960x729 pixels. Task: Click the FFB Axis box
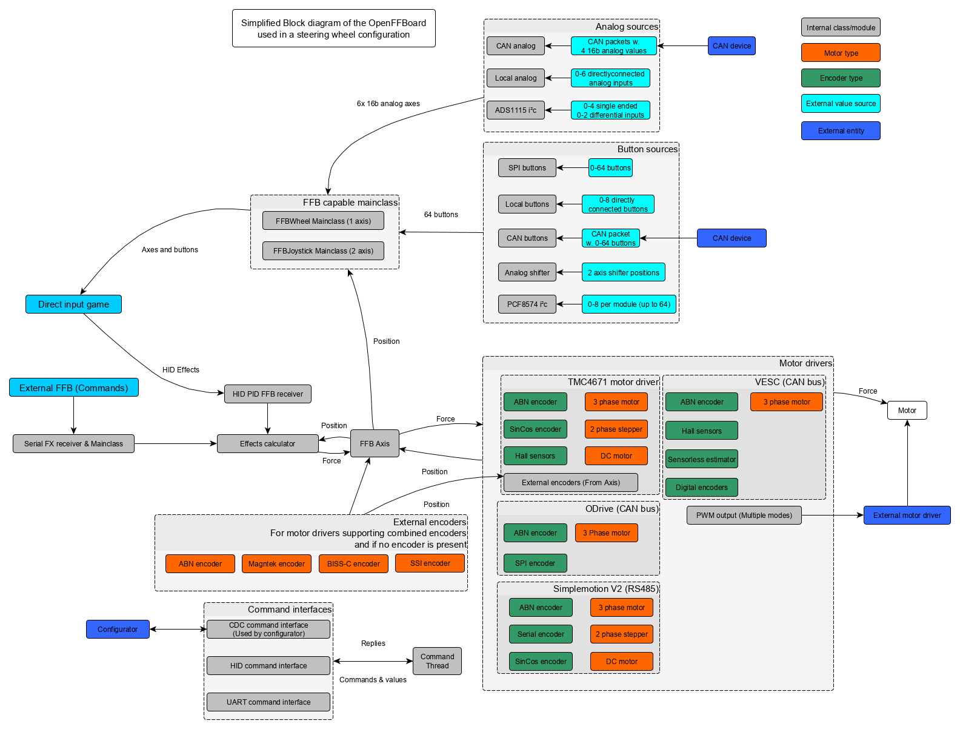(375, 443)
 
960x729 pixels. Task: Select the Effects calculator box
(267, 443)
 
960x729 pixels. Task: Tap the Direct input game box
(73, 304)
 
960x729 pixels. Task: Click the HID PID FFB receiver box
(267, 394)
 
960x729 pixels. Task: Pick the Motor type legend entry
(841, 53)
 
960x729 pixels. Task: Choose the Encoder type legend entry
(841, 78)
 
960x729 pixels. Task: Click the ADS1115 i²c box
(515, 110)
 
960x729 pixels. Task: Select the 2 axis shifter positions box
(623, 272)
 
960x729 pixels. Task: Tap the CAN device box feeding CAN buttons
(732, 238)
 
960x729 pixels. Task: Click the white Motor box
(907, 410)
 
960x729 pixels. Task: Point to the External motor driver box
(907, 515)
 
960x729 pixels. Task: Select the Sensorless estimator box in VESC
(701, 459)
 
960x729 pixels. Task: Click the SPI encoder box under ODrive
(535, 563)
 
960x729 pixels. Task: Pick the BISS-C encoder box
(353, 563)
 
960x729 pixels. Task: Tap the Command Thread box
(437, 660)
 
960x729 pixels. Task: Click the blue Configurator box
(118, 629)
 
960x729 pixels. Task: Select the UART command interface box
(268, 702)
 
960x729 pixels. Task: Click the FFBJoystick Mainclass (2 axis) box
(323, 250)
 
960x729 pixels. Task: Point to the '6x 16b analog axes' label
(388, 104)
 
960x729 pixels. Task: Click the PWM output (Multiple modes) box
(744, 515)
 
